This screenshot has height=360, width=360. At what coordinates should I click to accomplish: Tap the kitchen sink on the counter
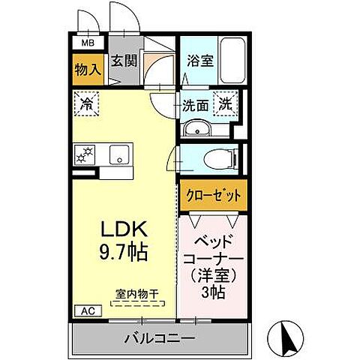(x=118, y=155)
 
